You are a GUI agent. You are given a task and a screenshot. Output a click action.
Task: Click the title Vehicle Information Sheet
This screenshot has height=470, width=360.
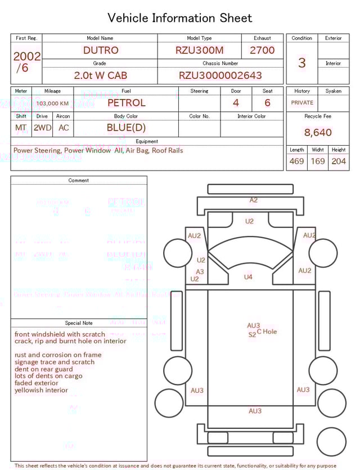(180, 18)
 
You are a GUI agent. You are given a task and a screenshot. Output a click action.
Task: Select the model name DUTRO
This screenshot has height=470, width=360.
(101, 50)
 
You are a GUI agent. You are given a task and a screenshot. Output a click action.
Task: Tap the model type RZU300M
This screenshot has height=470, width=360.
(199, 50)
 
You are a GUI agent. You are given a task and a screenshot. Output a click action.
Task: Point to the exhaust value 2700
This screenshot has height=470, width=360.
(262, 50)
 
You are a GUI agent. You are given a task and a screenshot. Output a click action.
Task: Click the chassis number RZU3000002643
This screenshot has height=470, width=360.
(220, 75)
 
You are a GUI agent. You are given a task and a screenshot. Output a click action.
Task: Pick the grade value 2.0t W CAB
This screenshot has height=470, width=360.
(101, 75)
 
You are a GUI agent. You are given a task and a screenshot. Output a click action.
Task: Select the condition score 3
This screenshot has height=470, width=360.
(302, 62)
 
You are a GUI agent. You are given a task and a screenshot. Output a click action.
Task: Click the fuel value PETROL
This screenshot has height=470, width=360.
(126, 102)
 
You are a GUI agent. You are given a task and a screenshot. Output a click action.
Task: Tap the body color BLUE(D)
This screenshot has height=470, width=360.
(126, 127)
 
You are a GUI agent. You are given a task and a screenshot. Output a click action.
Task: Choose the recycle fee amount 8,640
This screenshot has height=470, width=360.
(318, 133)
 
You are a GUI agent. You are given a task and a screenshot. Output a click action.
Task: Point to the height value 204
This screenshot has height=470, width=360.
(339, 161)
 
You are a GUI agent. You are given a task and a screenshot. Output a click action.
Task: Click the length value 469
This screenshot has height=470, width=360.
(296, 161)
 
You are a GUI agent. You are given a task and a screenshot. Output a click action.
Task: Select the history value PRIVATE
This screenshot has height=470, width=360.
(302, 102)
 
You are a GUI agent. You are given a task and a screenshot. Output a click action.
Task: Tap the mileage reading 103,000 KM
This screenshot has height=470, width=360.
(53, 104)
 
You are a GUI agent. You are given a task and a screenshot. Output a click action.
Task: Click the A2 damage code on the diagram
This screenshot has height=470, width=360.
(254, 200)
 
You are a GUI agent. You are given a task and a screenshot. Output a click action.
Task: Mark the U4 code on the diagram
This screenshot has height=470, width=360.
(248, 277)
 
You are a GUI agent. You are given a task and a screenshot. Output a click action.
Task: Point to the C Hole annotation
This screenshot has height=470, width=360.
(267, 332)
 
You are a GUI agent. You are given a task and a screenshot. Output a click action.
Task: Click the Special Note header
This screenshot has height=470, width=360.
(79, 323)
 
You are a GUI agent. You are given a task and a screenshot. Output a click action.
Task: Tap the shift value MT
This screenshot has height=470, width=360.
(21, 128)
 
